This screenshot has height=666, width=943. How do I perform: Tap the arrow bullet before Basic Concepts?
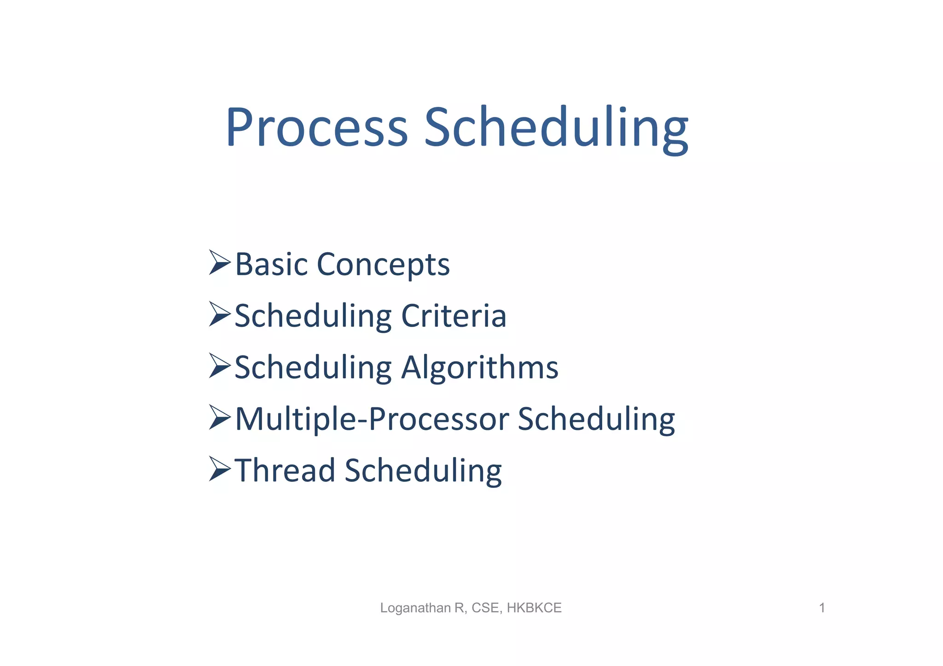(220, 263)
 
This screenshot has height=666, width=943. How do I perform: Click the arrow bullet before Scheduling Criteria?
(220, 314)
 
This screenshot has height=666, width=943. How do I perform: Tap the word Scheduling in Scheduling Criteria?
(313, 317)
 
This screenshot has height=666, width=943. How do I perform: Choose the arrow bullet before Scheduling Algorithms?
(220, 366)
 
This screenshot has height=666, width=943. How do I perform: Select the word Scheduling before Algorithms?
(313, 369)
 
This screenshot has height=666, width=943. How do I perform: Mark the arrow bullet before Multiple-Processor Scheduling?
(220, 417)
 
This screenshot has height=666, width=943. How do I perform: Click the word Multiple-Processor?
(372, 420)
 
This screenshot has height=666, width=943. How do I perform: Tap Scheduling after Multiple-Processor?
(596, 420)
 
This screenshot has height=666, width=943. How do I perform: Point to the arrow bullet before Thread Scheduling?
(220, 469)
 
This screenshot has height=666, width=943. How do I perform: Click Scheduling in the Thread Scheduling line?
(423, 471)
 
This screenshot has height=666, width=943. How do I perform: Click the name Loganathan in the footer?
(415, 608)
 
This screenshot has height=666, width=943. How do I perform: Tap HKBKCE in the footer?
(534, 608)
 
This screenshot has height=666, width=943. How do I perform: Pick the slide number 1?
(822, 608)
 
